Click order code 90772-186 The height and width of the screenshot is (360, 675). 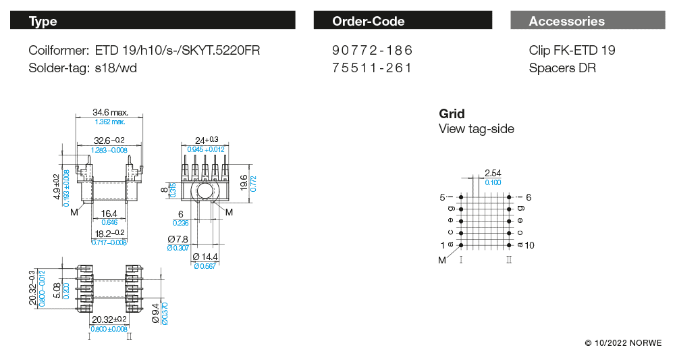point(372,51)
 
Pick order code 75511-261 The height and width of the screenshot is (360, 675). point(372,68)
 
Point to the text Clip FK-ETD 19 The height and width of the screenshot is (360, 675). point(572,51)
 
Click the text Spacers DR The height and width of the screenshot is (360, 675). point(562,68)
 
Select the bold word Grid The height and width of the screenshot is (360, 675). point(452,113)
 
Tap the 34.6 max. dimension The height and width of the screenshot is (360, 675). point(110,113)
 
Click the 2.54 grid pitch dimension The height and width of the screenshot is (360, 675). point(493,174)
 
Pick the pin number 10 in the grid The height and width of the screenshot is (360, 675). point(529,245)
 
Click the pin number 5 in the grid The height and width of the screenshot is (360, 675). point(443,197)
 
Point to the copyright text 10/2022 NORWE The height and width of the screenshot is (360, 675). point(623,343)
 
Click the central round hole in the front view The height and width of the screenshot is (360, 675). point(205,192)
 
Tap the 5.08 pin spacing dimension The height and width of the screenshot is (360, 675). point(57,290)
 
